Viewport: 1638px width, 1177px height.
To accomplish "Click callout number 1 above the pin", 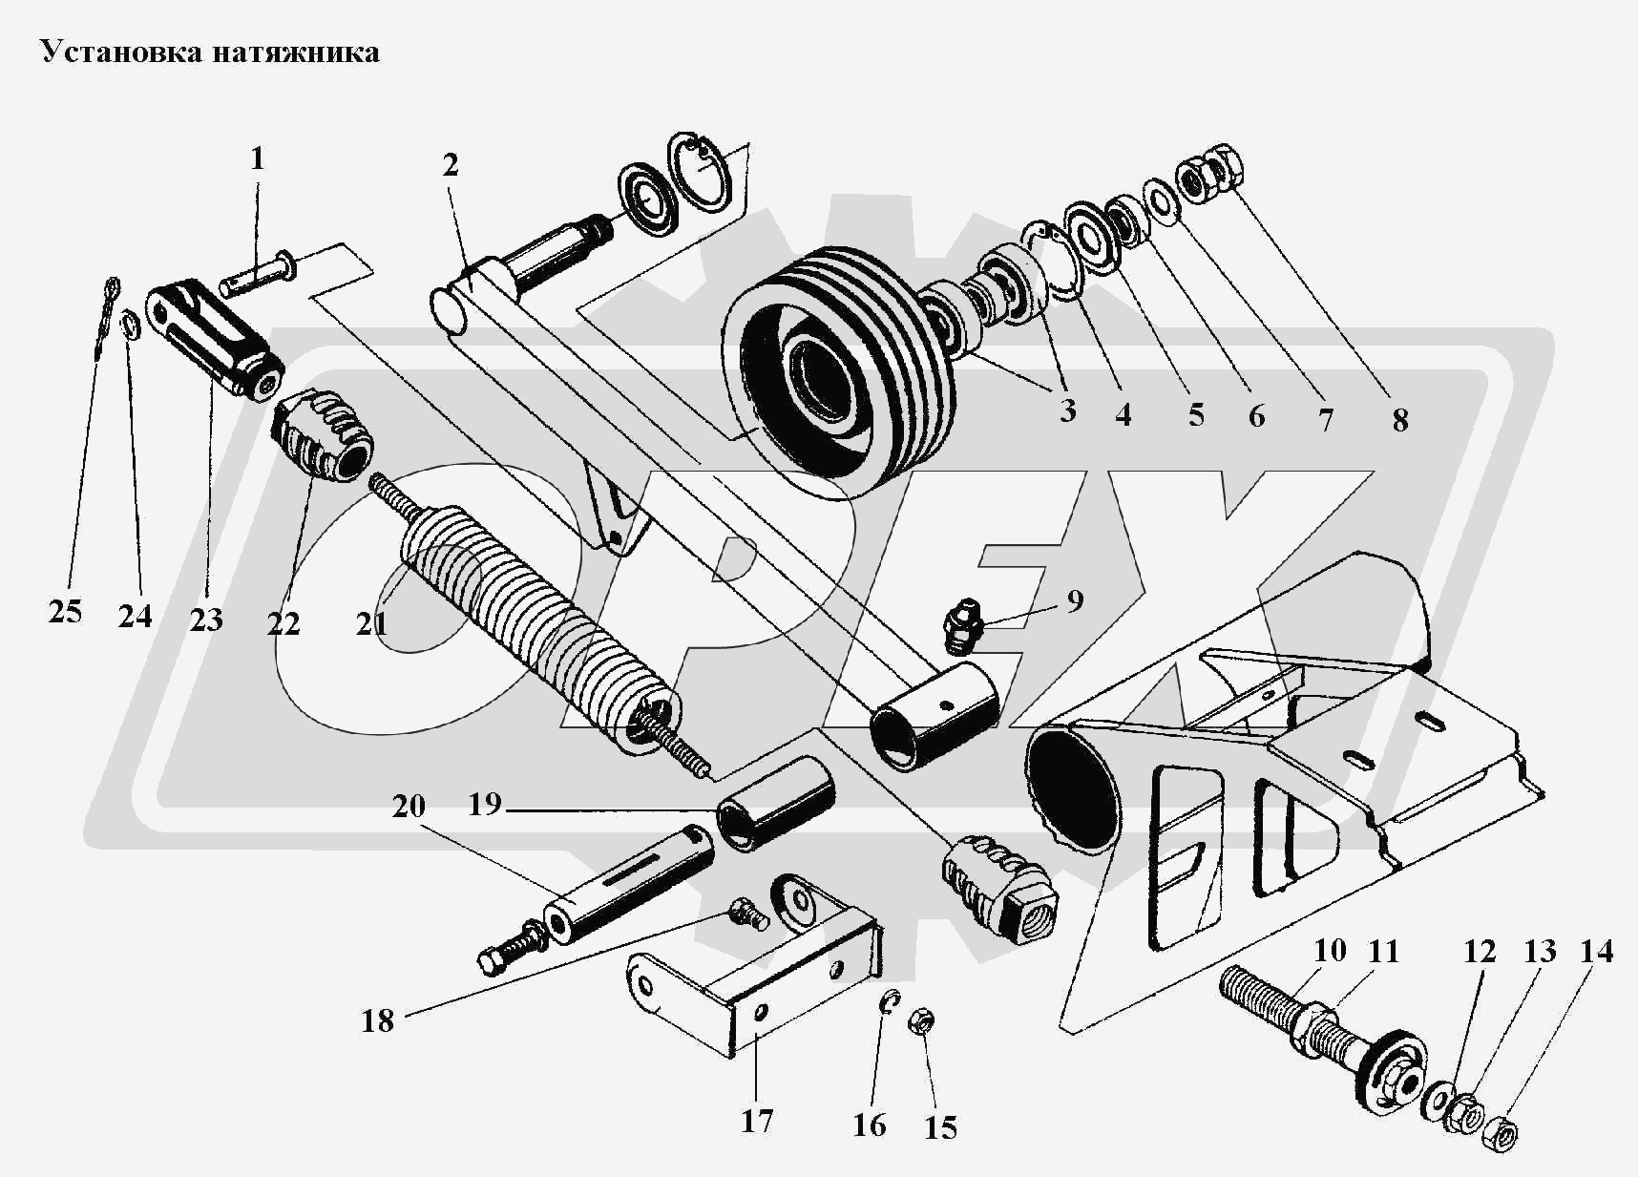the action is (257, 158).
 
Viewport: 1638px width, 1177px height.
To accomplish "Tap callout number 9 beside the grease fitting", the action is (1075, 601).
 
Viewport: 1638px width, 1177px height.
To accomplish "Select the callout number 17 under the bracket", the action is (756, 1121).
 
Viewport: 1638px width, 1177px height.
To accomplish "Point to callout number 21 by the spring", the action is (372, 623).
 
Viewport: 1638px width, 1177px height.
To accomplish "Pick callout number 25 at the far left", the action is (65, 612).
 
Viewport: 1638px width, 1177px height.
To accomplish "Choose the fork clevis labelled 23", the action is (215, 341).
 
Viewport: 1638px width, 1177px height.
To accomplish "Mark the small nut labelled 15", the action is (920, 1022).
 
